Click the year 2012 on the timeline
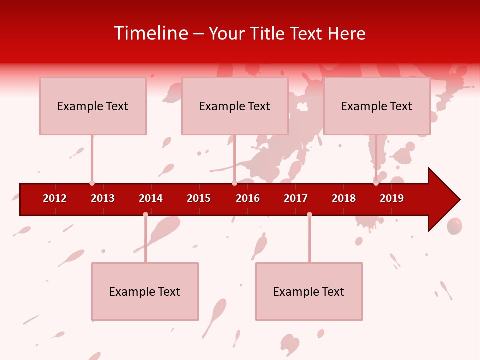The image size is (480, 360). point(55,198)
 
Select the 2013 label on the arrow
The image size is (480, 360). point(103,198)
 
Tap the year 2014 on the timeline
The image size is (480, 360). point(151,198)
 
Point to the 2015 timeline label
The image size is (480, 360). point(199,198)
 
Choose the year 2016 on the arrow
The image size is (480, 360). point(248,198)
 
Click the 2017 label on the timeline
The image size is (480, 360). point(296,198)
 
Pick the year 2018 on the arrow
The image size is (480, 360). point(344,198)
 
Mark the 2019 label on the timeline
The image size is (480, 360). point(392,198)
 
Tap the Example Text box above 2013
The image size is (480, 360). point(93,106)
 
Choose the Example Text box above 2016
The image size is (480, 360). point(235,106)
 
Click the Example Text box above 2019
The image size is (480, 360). point(377,106)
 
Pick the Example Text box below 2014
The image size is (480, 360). point(145,291)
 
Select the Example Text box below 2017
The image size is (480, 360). point(309,291)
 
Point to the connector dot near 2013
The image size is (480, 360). point(92,183)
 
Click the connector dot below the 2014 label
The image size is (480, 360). point(145,215)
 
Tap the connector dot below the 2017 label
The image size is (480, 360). point(309,215)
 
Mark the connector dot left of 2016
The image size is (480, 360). point(234,183)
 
